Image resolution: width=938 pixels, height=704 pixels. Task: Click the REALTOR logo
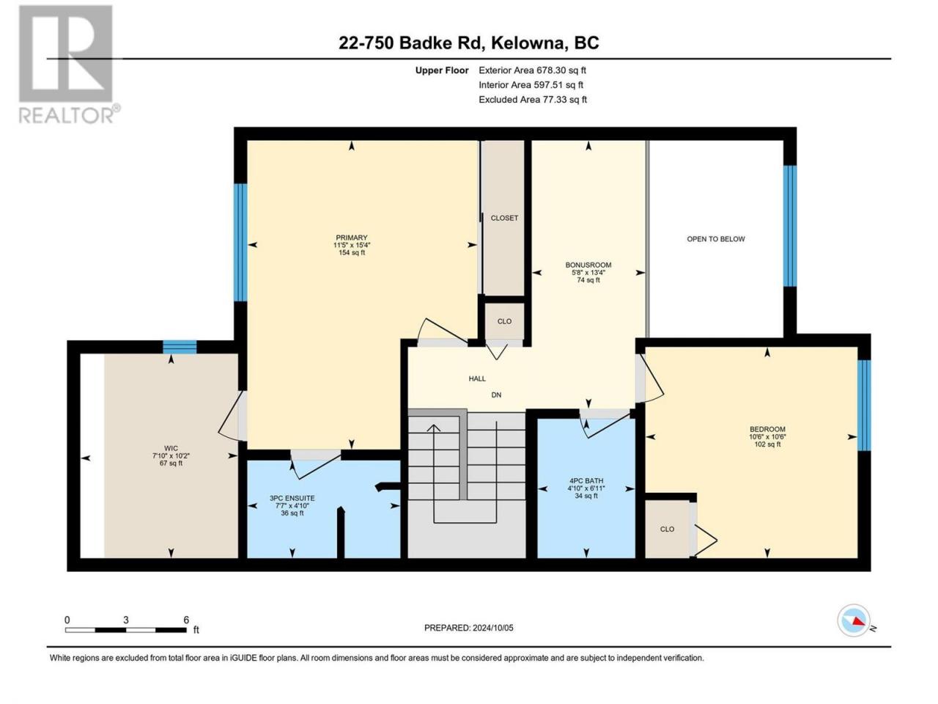(69, 65)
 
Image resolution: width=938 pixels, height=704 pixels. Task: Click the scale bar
(126, 630)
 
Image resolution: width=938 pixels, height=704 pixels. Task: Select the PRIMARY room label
(351, 238)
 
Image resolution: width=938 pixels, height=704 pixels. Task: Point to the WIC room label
(171, 448)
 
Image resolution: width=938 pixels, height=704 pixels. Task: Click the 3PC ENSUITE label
(292, 498)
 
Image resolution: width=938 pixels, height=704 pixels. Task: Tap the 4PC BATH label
(586, 481)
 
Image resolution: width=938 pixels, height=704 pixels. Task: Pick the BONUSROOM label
(588, 265)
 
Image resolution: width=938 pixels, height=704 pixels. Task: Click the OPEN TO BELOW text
(716, 239)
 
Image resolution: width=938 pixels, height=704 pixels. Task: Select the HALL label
(477, 378)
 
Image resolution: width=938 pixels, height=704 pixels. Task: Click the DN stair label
(496, 395)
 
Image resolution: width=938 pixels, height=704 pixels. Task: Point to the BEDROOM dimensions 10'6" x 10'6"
(767, 437)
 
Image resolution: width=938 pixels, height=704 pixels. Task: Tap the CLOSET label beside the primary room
(504, 218)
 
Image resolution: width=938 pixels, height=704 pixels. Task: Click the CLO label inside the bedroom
(667, 529)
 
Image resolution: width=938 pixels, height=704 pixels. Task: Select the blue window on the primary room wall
(240, 242)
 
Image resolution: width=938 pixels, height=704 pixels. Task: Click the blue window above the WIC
(180, 347)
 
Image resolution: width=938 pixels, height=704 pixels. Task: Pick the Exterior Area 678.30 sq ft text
(533, 70)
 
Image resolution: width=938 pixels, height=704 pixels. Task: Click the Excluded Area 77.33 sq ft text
(533, 100)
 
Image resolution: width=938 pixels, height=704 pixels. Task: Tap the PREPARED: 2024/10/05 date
(469, 628)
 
